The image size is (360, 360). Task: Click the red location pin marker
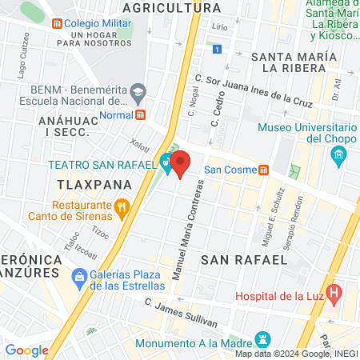182,162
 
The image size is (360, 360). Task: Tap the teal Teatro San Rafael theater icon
166,161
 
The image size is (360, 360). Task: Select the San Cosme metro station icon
263,170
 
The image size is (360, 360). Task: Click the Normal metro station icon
141,114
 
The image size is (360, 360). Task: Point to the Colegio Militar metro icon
56,23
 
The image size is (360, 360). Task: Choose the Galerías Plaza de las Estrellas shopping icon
78,278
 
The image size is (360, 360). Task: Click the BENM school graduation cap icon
138,90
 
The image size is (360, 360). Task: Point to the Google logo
26,350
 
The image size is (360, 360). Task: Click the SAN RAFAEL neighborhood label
243,259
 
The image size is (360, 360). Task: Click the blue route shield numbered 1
217,50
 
